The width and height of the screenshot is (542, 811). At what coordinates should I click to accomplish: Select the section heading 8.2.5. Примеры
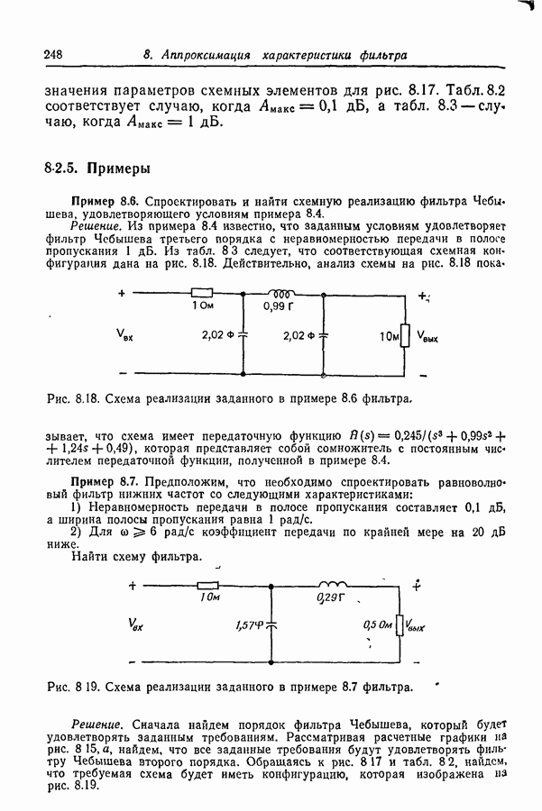(x=96, y=168)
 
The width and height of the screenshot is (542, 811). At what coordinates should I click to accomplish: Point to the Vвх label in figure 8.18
(x=125, y=334)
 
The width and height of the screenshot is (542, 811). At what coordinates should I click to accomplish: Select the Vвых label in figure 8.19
(x=416, y=624)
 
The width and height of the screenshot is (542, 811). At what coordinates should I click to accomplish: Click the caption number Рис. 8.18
(x=71, y=397)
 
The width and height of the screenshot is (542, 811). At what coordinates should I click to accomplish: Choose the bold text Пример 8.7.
(x=104, y=481)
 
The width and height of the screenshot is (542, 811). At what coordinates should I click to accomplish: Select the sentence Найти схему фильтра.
(x=136, y=558)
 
